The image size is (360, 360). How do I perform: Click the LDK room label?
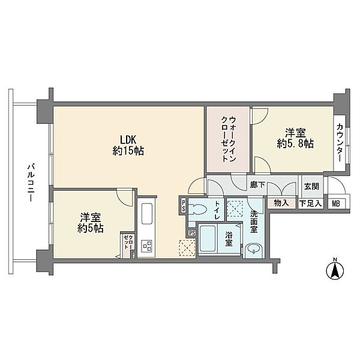(x=128, y=139)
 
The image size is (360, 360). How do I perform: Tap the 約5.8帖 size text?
(x=295, y=144)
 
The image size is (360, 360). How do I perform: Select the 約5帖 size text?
(x=90, y=229)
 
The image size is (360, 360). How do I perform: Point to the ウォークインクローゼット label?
(x=229, y=139)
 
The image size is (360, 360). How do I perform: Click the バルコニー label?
(x=31, y=182)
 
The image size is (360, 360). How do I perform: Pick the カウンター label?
(x=340, y=142)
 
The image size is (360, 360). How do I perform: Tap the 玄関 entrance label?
(x=311, y=187)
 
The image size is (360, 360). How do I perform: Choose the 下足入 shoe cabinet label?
(x=311, y=203)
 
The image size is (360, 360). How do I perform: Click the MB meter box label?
(x=335, y=203)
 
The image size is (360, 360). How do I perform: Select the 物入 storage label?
(x=281, y=203)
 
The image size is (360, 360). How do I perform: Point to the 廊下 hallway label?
(x=257, y=185)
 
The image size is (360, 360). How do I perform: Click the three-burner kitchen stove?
(x=147, y=246)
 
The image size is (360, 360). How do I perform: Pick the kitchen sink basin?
(x=147, y=214)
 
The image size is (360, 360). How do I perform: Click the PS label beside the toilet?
(x=184, y=206)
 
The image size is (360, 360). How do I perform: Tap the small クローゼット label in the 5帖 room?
(x=127, y=242)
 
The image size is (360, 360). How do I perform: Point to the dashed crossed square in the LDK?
(x=187, y=247)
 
